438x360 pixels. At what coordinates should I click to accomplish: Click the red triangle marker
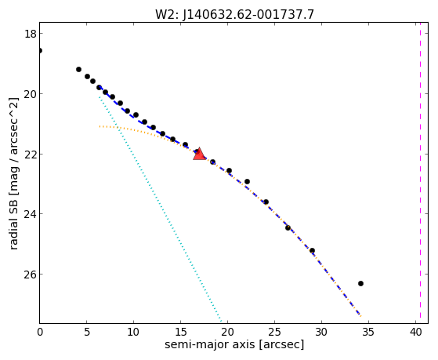click(x=199, y=155)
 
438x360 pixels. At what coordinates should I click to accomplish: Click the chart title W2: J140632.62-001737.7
click(x=234, y=15)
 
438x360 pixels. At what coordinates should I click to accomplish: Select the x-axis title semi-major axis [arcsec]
click(x=234, y=344)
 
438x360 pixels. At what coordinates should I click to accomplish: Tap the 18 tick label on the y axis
click(x=30, y=34)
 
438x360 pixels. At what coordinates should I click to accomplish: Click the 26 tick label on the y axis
click(x=30, y=275)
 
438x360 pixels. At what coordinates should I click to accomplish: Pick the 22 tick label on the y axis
click(x=30, y=154)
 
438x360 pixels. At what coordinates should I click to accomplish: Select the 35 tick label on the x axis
click(x=368, y=332)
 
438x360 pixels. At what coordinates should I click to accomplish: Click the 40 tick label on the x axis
click(x=415, y=332)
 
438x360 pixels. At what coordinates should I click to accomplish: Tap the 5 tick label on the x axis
click(x=87, y=332)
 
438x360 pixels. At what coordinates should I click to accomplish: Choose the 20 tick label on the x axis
click(x=228, y=332)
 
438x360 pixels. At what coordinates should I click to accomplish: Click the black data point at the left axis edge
click(x=40, y=51)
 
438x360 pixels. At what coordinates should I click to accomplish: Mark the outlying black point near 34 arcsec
click(x=360, y=283)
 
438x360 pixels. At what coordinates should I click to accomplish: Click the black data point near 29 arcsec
click(x=313, y=250)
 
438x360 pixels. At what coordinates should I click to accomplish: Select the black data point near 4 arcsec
click(x=79, y=69)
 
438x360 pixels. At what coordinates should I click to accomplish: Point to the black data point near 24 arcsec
click(x=266, y=202)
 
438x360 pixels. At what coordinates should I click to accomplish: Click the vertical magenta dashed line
click(x=420, y=173)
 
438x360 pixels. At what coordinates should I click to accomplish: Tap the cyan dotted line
click(x=160, y=209)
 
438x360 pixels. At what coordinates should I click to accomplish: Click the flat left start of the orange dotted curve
click(x=100, y=126)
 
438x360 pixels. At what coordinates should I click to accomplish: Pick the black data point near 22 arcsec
click(x=248, y=181)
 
